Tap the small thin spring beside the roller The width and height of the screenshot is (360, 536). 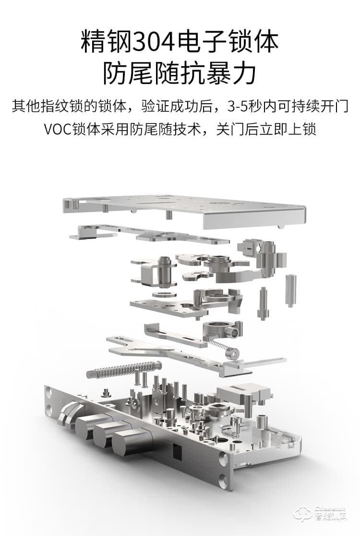coord(217,347)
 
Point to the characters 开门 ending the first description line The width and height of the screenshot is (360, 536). coord(336,107)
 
